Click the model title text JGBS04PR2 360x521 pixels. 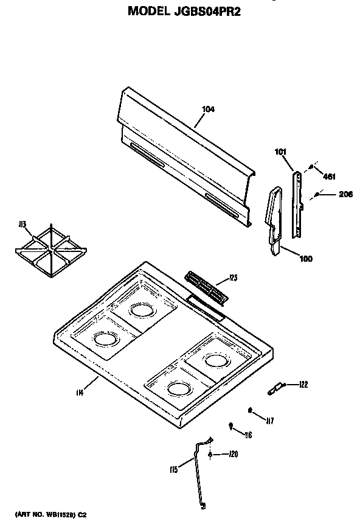click(182, 10)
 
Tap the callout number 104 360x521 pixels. click(208, 110)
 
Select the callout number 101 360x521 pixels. click(280, 152)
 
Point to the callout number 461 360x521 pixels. click(329, 177)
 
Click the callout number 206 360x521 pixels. click(328, 195)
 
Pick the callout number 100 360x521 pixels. click(306, 259)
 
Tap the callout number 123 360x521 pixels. click(233, 278)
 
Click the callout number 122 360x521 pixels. click(303, 384)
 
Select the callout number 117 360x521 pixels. click(269, 419)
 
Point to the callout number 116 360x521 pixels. click(247, 435)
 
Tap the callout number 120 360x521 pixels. click(233, 454)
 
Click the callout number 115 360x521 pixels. click(173, 469)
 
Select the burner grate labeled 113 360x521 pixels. click(50, 248)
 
